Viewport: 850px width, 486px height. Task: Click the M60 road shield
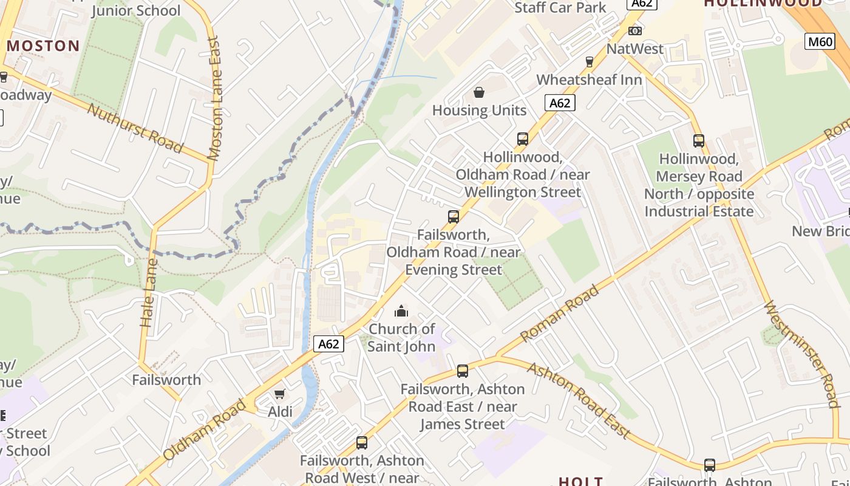coord(819,41)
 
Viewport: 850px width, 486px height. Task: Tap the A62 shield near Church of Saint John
coord(328,344)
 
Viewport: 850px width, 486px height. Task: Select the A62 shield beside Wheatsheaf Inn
coord(559,103)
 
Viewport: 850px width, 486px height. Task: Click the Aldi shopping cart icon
coord(279,394)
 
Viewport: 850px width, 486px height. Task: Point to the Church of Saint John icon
coord(401,312)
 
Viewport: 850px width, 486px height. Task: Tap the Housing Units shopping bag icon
coord(479,92)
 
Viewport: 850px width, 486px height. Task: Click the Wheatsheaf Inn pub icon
coord(589,61)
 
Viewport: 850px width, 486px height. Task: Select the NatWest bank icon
coord(635,31)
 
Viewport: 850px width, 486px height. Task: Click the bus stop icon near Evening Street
coord(453,217)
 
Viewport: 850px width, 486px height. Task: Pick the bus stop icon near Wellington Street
coord(523,139)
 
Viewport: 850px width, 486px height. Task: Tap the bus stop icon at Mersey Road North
coord(699,141)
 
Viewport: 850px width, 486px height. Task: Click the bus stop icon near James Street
coord(463,371)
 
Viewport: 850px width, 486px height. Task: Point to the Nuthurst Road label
coord(135,128)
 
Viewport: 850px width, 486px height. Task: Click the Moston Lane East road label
coord(214,98)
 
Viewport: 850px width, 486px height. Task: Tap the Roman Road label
coord(559,313)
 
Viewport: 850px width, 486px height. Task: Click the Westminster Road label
coord(801,355)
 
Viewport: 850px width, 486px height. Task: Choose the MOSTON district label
coord(44,46)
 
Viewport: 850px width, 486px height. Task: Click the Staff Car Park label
coord(560,7)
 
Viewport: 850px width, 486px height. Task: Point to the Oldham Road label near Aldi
coord(205,430)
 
